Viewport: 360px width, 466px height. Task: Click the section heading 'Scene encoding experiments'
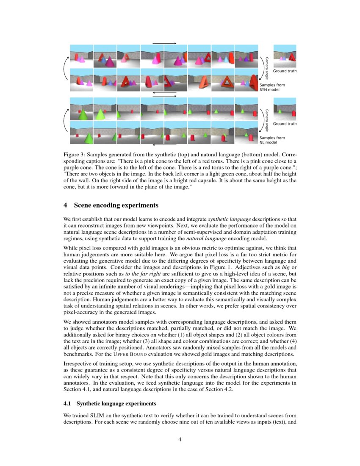[116, 205]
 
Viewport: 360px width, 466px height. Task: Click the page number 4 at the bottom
[180, 439]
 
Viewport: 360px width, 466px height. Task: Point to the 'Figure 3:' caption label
[75, 156]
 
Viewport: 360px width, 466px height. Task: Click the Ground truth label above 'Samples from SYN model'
[285, 71]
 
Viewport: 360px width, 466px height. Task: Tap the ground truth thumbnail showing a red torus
[285, 56]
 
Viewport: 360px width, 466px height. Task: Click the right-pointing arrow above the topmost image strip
[164, 43]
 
